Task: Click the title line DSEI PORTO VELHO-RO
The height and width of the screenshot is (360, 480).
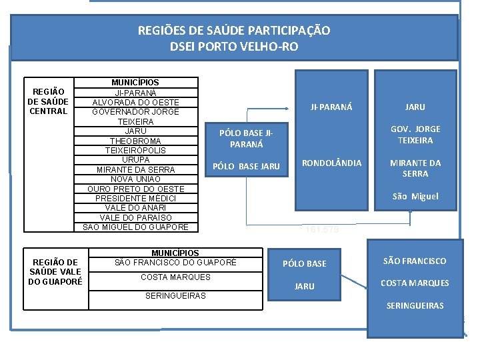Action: click(233, 47)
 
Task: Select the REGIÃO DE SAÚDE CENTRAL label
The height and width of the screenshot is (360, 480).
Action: click(47, 101)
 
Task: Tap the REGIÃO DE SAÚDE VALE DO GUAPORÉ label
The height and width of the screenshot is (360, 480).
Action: click(55, 271)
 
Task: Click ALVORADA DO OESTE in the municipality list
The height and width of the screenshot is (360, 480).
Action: click(135, 102)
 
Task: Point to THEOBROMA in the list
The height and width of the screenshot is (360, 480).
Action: click(135, 141)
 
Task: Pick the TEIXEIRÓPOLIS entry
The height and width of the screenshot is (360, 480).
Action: click(135, 151)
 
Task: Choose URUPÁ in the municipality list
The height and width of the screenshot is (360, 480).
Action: click(135, 160)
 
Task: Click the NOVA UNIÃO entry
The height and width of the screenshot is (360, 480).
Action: click(135, 179)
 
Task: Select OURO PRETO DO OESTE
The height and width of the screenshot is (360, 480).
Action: click(135, 189)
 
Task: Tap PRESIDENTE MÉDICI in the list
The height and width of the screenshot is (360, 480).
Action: click(135, 199)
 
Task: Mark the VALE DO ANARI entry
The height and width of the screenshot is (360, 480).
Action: click(135, 208)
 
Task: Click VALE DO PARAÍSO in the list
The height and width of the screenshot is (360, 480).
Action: click(135, 217)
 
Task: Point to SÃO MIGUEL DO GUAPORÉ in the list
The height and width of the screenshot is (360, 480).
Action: click(135, 227)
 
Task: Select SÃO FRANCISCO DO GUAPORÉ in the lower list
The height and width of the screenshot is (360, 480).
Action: click(175, 262)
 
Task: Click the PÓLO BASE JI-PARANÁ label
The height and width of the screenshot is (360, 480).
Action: click(246, 138)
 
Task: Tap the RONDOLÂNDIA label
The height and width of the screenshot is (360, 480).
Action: click(332, 163)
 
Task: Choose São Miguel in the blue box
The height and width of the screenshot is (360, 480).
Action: click(415, 196)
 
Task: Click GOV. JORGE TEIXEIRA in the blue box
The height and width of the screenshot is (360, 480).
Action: click(415, 135)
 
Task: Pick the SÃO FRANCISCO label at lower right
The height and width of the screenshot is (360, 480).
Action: click(415, 261)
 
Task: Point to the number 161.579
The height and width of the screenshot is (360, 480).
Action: click(323, 230)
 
